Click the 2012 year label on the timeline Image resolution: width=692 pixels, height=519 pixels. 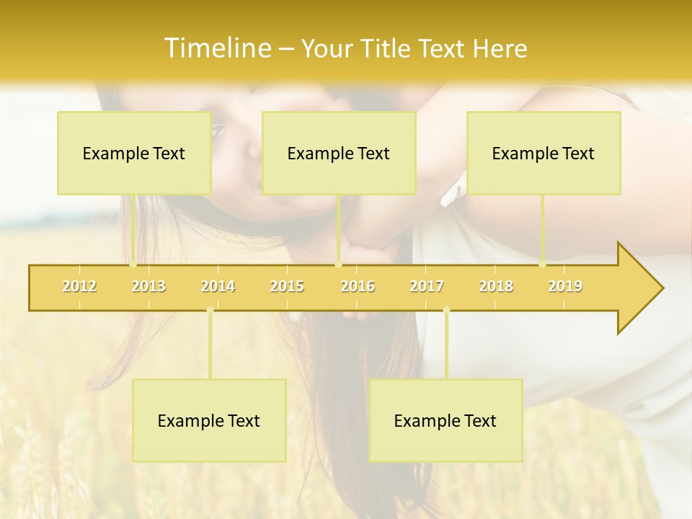[x=79, y=286]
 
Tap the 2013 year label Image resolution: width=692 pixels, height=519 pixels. [x=148, y=286]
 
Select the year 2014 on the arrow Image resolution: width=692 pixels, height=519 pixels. [x=218, y=286]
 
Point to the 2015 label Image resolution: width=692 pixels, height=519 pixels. [x=287, y=286]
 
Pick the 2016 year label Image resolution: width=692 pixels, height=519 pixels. [x=358, y=286]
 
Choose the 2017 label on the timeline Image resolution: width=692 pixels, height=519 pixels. [x=427, y=286]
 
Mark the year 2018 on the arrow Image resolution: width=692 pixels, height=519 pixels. [x=496, y=286]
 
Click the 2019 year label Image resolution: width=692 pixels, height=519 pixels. [x=565, y=286]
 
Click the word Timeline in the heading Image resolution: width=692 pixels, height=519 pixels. [x=216, y=48]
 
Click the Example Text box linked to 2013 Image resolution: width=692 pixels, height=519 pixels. [x=134, y=153]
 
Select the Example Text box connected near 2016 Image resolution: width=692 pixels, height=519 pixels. [x=339, y=153]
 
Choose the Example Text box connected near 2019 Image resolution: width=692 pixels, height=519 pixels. [x=544, y=153]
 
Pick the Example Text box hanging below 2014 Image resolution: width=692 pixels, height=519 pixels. [x=209, y=420]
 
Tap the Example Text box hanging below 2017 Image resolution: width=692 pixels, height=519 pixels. [x=445, y=420]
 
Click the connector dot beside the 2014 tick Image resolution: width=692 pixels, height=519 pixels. [x=210, y=310]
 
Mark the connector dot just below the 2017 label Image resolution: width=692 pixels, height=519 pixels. [x=446, y=310]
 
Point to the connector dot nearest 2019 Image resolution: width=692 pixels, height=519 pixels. [x=543, y=265]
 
